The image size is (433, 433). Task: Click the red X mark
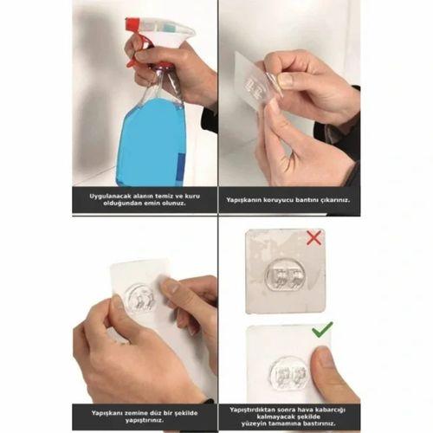[313, 238]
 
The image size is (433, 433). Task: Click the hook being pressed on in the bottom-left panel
[141, 299]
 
